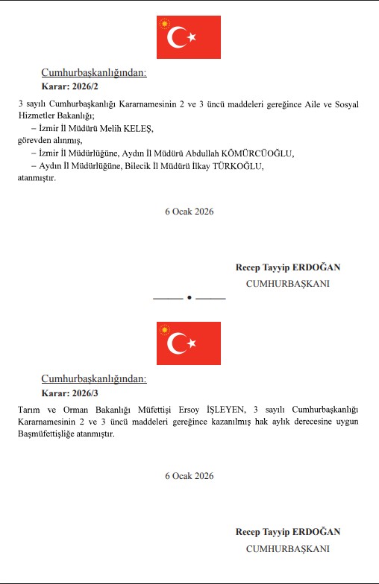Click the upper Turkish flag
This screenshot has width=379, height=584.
(x=189, y=36)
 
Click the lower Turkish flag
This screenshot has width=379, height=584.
(x=189, y=343)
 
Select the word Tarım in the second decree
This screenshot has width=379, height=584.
(x=28, y=410)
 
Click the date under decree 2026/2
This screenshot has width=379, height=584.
(x=189, y=212)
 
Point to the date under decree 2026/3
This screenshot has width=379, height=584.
(x=189, y=476)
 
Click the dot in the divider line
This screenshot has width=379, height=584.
(x=189, y=297)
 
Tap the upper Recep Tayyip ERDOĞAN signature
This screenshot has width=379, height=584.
(x=287, y=267)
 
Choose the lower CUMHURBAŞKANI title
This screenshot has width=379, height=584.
(x=287, y=548)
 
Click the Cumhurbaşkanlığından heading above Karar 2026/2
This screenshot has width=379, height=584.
(x=94, y=73)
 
